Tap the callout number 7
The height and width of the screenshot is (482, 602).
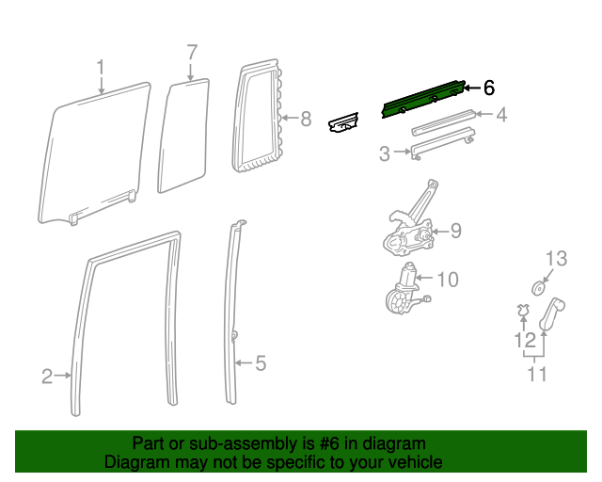(191, 52)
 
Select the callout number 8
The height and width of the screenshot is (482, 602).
(305, 120)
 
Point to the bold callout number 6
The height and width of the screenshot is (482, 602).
(488, 88)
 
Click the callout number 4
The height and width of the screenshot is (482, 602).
(501, 116)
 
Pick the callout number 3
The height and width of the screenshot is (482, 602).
(384, 153)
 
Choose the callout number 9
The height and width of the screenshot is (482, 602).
(454, 230)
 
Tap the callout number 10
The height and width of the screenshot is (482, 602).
(448, 280)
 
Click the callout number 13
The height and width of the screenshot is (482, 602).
(558, 258)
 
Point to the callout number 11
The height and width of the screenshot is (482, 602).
(537, 375)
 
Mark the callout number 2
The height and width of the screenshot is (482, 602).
(47, 377)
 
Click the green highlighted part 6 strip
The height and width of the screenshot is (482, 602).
(423, 98)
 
